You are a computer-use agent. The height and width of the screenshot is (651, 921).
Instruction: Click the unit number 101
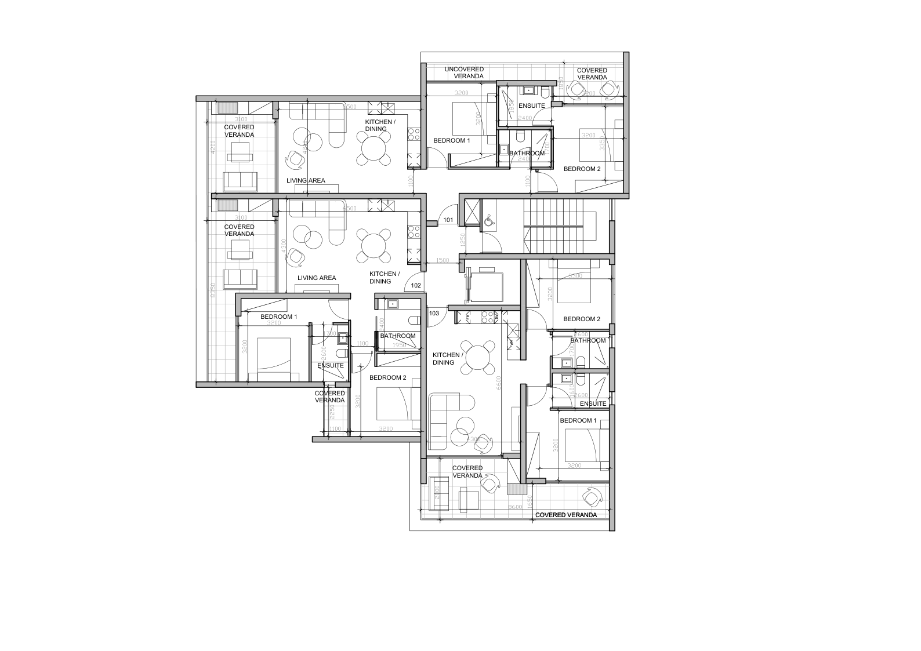click(x=448, y=220)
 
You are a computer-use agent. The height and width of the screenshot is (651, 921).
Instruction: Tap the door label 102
click(x=416, y=285)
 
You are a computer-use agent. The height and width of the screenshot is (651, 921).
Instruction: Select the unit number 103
click(x=434, y=313)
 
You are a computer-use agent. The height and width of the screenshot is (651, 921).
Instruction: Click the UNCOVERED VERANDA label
click(x=464, y=73)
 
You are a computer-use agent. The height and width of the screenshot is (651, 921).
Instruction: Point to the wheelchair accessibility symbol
click(x=489, y=219)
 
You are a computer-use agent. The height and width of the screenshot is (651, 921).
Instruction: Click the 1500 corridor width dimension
click(x=443, y=261)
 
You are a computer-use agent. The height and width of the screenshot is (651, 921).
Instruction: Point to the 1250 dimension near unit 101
click(x=462, y=239)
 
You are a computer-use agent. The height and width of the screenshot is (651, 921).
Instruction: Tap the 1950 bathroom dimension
click(x=398, y=345)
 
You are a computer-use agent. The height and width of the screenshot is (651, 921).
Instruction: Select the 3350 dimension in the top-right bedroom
click(x=603, y=143)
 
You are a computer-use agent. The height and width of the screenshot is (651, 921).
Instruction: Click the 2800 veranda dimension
click(x=437, y=493)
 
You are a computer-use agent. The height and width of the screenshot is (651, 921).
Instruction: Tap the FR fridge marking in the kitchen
click(x=513, y=330)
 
